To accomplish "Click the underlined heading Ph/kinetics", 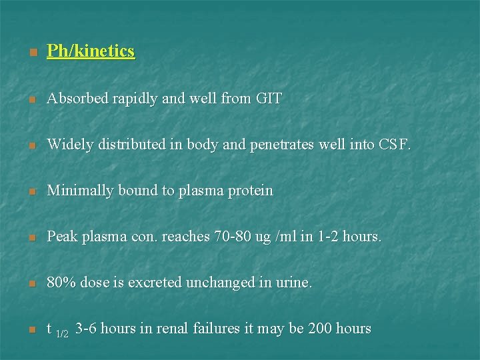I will (x=91, y=51).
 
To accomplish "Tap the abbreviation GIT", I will (x=269, y=99).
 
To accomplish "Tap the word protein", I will (x=250, y=191).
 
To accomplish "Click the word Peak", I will (x=62, y=237).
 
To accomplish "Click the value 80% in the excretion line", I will (x=61, y=283).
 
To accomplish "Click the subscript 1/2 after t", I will (x=62, y=333).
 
